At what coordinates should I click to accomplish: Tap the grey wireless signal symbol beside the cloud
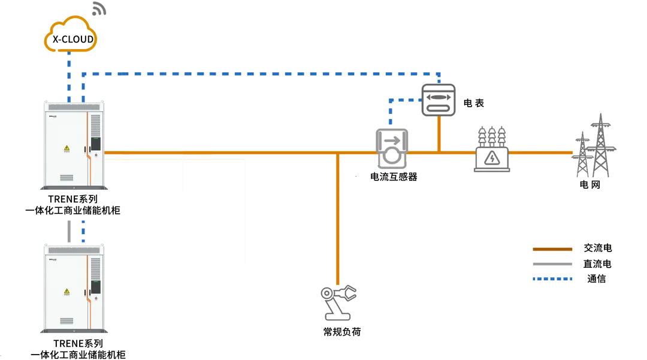point(101,10)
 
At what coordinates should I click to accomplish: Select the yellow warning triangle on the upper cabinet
point(66,147)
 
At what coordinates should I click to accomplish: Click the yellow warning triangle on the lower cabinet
point(66,292)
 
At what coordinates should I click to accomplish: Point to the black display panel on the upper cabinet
point(94,143)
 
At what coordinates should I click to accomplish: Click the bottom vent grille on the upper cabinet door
point(66,177)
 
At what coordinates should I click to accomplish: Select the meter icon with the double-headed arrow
point(439,100)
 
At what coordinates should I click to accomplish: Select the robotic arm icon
point(338,302)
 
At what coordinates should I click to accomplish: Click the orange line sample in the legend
point(553,249)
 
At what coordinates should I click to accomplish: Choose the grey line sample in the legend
point(553,264)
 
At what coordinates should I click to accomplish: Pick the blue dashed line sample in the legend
point(553,278)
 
